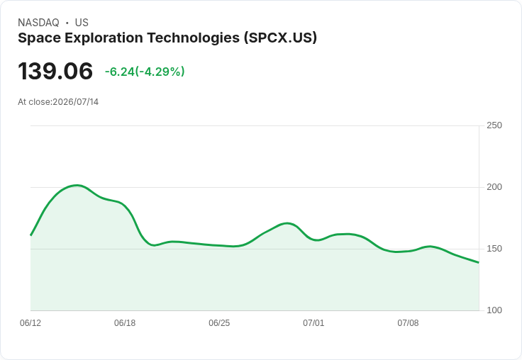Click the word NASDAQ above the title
coord(38,23)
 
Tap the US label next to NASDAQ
coord(82,23)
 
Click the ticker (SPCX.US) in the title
coord(280,38)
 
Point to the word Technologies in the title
coord(194,38)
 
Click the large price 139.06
coord(55,71)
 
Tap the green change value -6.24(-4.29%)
coord(145,72)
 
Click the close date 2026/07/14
coord(76,102)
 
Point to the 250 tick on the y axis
coord(494,125)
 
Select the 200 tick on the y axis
coord(494,187)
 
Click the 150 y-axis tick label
coord(494,249)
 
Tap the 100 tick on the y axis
coord(494,310)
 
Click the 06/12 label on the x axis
coord(30,323)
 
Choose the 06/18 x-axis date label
coord(125,323)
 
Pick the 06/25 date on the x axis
coord(219,323)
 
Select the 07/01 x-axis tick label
coord(313,323)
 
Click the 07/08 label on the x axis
coord(408,323)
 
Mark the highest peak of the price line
coord(77,186)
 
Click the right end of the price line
coord(479,262)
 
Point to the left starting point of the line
coord(30,235)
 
